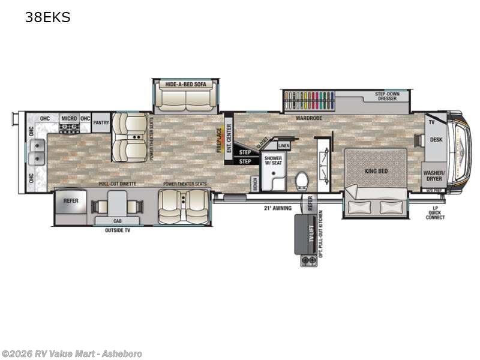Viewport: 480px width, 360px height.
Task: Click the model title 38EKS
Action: [x=47, y=18]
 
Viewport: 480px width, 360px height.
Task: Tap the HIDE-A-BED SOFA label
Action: [x=185, y=85]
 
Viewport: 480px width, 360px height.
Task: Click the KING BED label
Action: [x=376, y=171]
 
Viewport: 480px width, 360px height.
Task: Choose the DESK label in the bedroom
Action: [x=436, y=139]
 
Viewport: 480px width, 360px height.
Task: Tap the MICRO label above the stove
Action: [x=69, y=118]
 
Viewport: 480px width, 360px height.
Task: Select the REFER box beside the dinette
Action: [x=71, y=201]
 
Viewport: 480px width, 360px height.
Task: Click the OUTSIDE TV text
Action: [x=118, y=230]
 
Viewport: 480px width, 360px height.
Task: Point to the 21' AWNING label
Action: [x=278, y=208]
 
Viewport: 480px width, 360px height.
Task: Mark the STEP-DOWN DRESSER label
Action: [x=388, y=97]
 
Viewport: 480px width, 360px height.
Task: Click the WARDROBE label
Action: [x=308, y=118]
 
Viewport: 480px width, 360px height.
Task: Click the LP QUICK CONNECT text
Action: [x=436, y=213]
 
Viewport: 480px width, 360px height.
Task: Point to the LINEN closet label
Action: [x=284, y=145]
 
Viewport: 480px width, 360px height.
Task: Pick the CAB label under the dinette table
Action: [x=118, y=221]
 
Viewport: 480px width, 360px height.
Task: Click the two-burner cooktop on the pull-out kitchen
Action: [x=309, y=261]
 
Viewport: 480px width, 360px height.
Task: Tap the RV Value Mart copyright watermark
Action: [x=72, y=354]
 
